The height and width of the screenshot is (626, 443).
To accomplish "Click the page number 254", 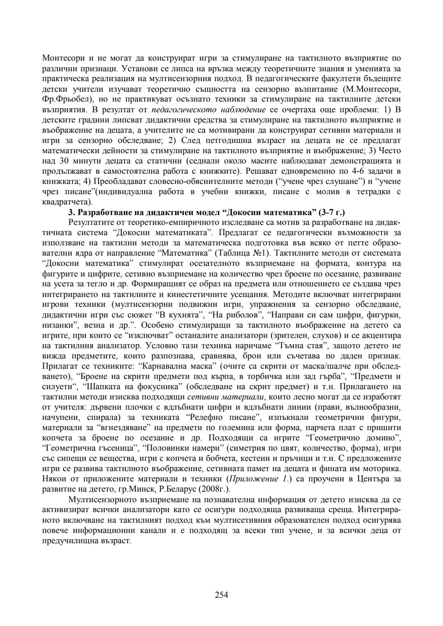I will click(221, 594).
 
